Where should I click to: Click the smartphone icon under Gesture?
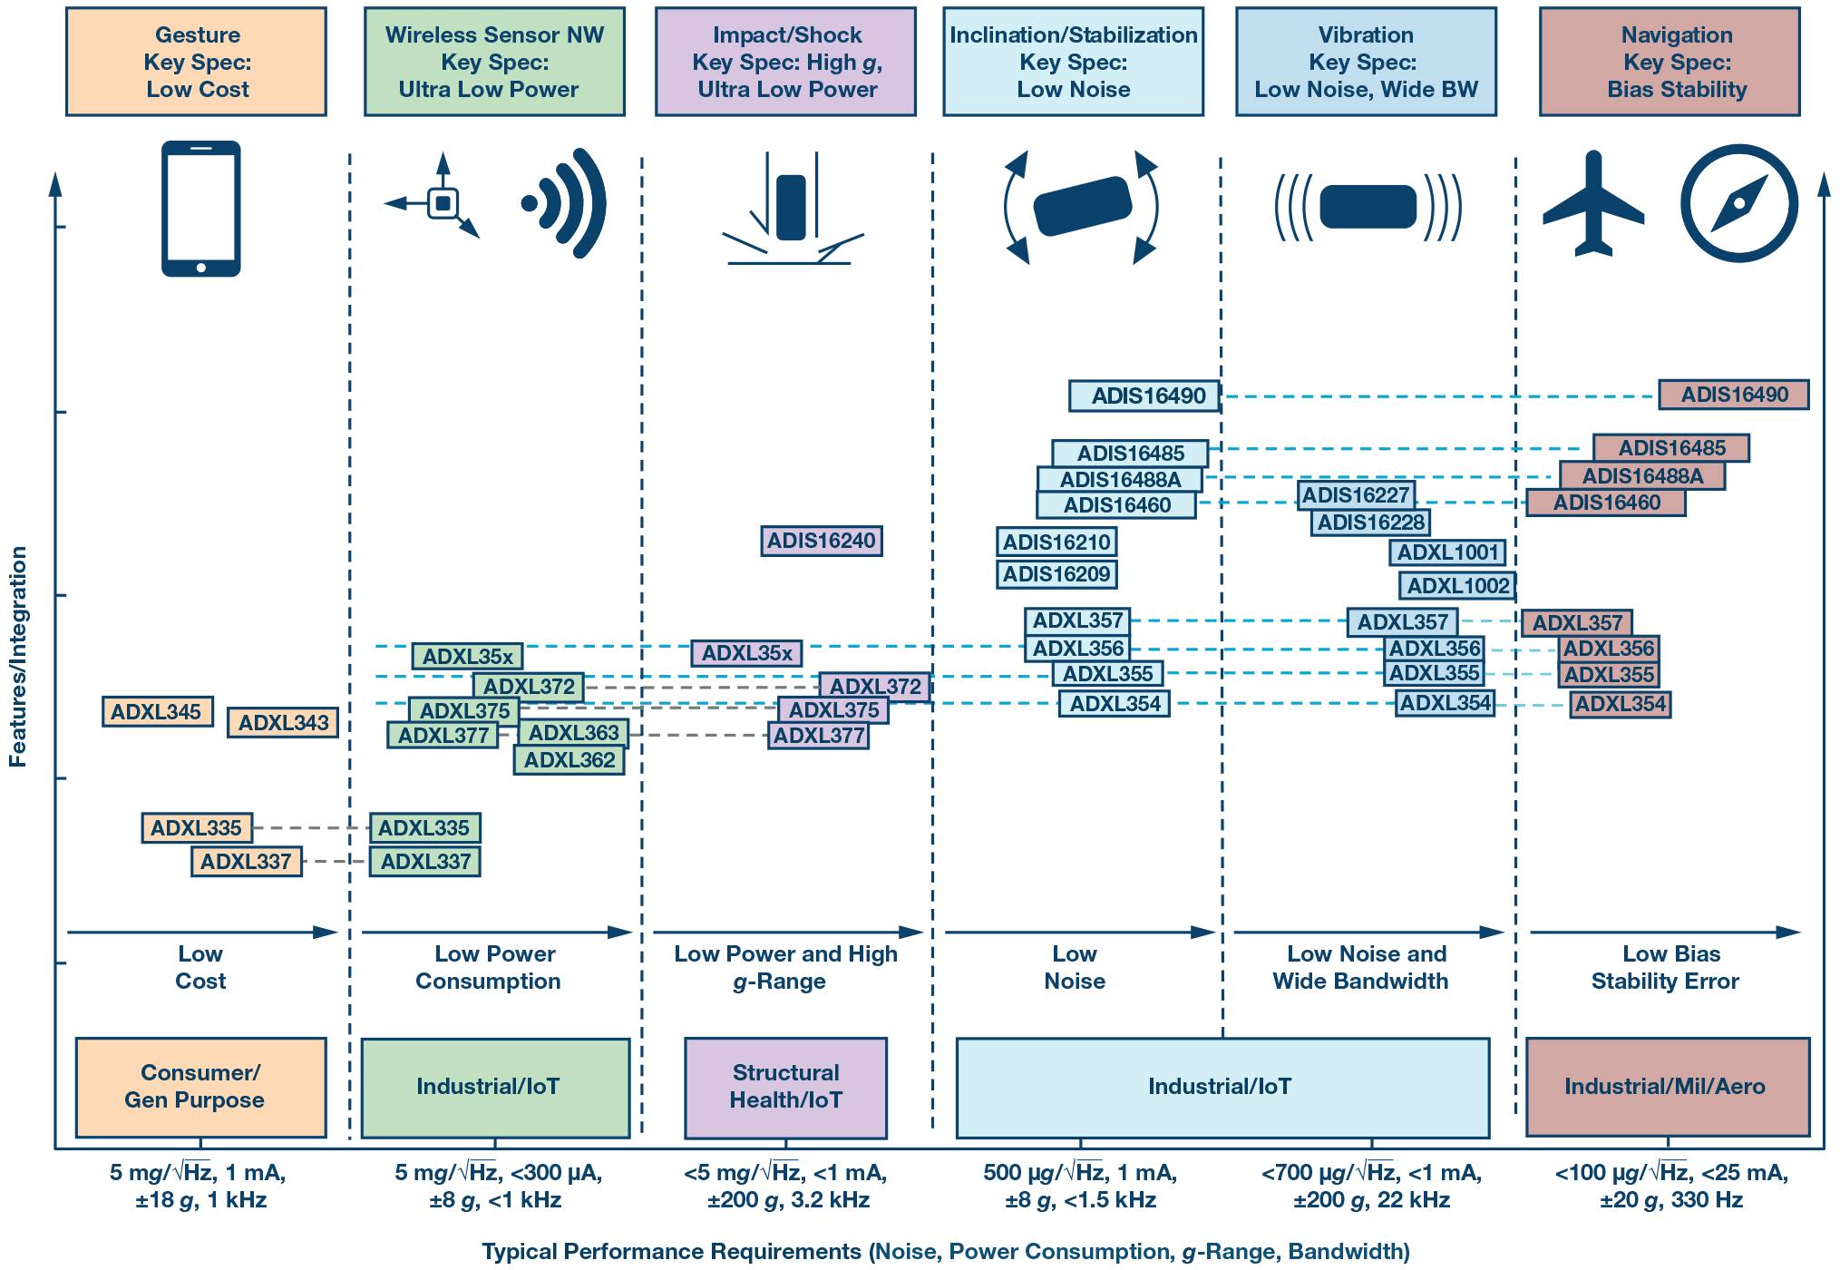coord(200,209)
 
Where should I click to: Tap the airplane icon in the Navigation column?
coord(1592,205)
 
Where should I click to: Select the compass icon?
coord(1738,203)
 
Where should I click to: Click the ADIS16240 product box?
coord(821,542)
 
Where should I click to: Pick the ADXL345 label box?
coord(157,712)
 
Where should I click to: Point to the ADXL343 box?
coord(283,723)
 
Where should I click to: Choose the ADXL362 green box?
coord(569,760)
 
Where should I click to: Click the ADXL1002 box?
coord(1457,586)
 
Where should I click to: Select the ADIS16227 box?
coord(1356,495)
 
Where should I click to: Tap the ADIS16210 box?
coord(1056,542)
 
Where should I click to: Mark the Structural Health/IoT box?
coord(785,1087)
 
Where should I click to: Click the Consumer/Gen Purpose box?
coord(200,1087)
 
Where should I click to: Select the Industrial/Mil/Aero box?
coord(1667,1087)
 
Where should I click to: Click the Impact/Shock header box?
coord(785,62)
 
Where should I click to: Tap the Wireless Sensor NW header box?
coord(494,62)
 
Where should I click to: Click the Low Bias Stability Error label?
coord(1666,967)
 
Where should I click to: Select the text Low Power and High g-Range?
coord(785,967)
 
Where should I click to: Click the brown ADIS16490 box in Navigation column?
coord(1733,395)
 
